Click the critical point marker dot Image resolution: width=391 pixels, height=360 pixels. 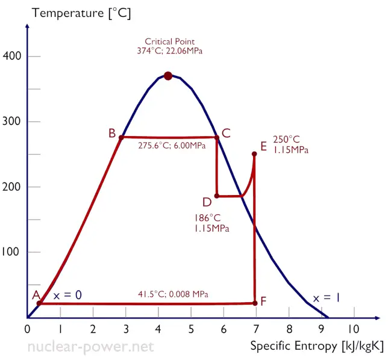click(168, 76)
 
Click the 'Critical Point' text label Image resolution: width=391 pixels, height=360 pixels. click(169, 42)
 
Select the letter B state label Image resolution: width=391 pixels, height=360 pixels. click(112, 134)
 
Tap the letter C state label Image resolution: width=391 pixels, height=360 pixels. click(226, 134)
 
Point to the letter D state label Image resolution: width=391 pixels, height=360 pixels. click(207, 200)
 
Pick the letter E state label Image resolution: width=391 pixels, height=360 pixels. click(263, 146)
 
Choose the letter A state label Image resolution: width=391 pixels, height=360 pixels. click(36, 295)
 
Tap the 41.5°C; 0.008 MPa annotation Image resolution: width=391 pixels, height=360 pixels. click(174, 294)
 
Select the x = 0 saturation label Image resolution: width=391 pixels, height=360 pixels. click(67, 295)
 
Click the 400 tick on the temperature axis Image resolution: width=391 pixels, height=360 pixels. click(14, 57)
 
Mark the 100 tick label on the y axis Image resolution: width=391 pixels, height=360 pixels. click(14, 252)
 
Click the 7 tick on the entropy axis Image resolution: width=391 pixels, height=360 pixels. click(255, 329)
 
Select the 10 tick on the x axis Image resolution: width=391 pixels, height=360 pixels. click(353, 329)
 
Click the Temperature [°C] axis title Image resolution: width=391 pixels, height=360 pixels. click(81, 13)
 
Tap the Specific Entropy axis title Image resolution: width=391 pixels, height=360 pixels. click(316, 346)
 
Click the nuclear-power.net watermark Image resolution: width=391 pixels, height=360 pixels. click(91, 347)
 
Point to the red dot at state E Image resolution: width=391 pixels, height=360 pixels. click(254, 154)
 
